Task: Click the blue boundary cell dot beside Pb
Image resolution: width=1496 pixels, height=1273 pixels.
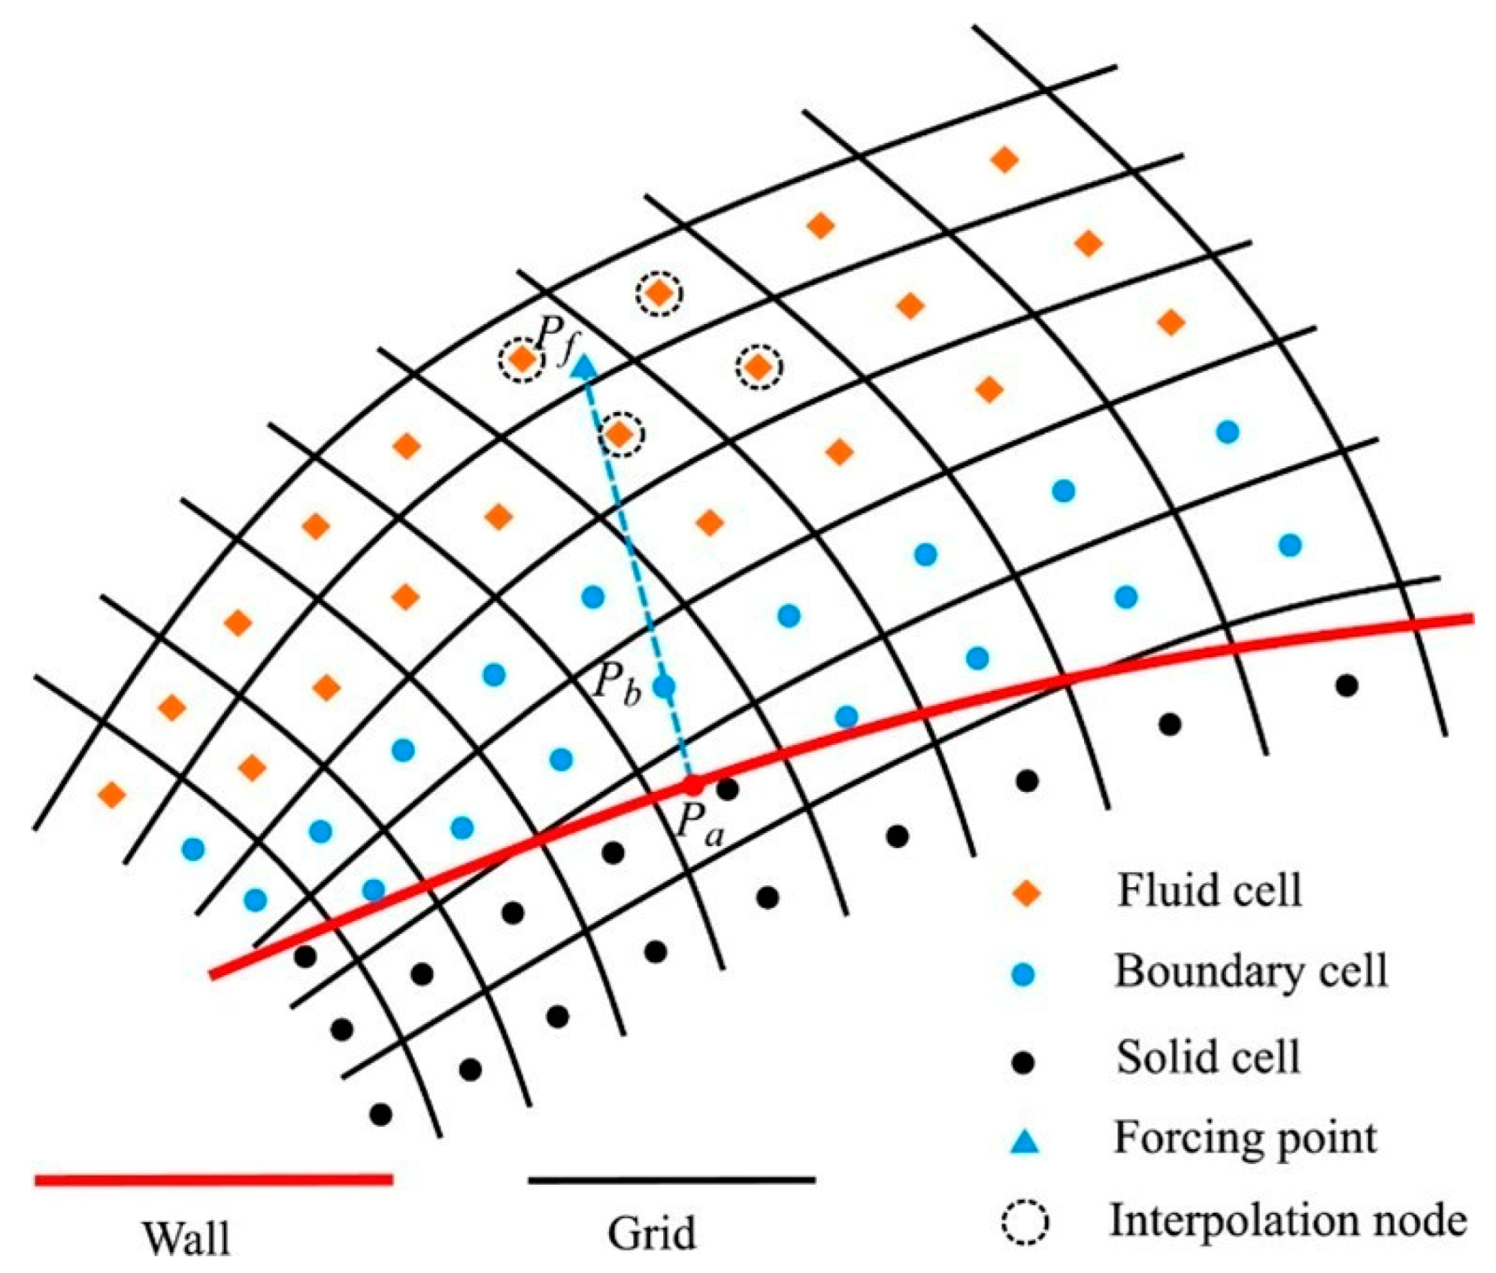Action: click(664, 686)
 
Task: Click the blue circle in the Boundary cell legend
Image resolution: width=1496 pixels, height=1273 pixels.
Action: click(1023, 974)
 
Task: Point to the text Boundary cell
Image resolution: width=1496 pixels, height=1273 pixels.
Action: click(1250, 971)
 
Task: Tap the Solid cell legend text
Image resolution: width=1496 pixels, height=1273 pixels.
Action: click(1207, 1057)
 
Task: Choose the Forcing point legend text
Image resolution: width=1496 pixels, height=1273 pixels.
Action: click(1245, 1138)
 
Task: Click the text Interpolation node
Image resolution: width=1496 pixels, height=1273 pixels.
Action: click(1288, 1221)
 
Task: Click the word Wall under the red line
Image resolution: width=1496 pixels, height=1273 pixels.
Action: click(187, 1237)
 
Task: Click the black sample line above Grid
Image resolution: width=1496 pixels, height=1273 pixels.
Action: click(671, 1180)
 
